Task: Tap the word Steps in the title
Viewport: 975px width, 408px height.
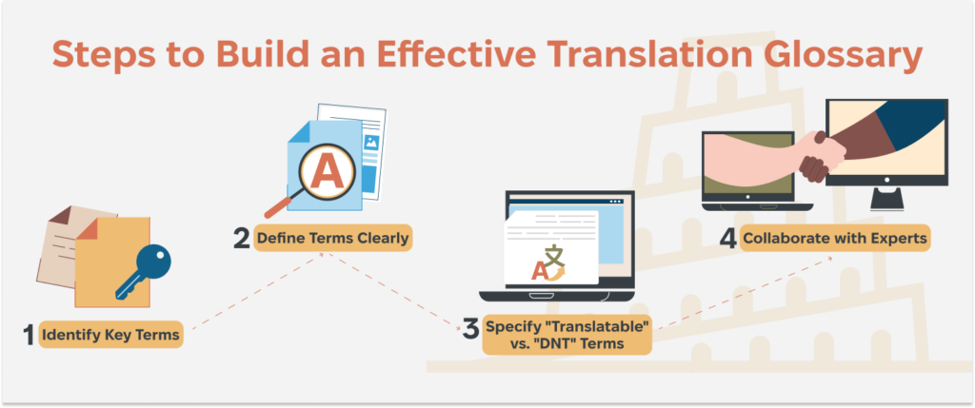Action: (100, 54)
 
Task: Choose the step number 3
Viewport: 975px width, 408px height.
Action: (470, 331)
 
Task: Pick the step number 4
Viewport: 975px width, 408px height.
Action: (728, 237)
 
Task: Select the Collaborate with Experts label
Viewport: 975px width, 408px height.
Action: (835, 238)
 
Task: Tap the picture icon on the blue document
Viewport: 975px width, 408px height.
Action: (370, 144)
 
